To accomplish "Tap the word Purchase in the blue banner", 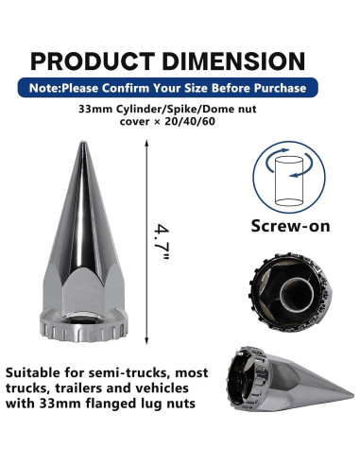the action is [x=280, y=88].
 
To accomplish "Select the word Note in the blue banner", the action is [x=43, y=88].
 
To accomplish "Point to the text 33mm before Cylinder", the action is [x=96, y=110].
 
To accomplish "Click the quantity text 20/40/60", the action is [x=190, y=121].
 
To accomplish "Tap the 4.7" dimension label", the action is [x=163, y=242].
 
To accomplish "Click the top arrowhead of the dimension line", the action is [x=146, y=143].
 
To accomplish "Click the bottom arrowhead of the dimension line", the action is [x=146, y=340].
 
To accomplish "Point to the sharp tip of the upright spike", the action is [x=83, y=143].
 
